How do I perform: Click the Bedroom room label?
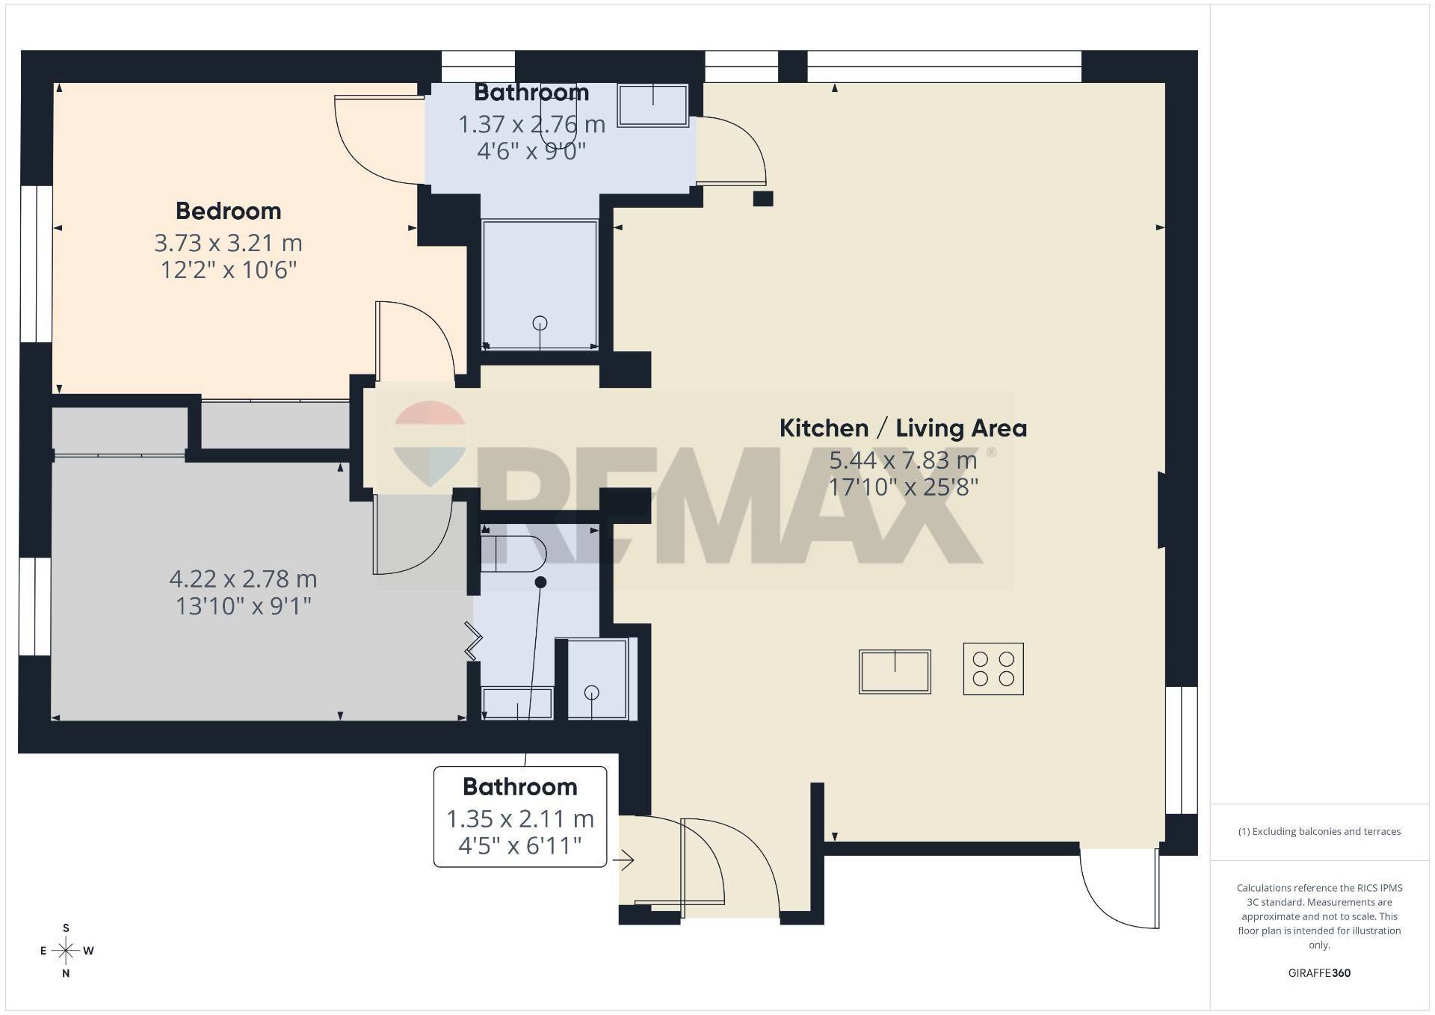click(229, 211)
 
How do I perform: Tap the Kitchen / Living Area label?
click(903, 428)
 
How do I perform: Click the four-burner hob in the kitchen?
click(993, 669)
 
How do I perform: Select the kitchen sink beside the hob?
click(895, 671)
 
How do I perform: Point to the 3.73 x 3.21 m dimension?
click(229, 243)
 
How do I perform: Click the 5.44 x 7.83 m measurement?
click(903, 460)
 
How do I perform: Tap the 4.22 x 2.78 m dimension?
click(244, 579)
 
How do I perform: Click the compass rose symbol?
click(67, 951)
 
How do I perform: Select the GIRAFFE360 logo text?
click(1319, 973)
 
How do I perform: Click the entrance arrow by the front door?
click(623, 861)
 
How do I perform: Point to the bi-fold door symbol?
click(472, 641)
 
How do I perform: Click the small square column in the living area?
click(762, 199)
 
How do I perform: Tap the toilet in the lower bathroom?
click(513, 554)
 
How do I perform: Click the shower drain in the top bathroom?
click(540, 323)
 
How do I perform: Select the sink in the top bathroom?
click(653, 105)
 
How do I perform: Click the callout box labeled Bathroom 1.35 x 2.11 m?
click(520, 817)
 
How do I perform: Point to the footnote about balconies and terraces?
click(1319, 831)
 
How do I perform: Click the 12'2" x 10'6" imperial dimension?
click(229, 270)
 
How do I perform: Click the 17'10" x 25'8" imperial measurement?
click(903, 487)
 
